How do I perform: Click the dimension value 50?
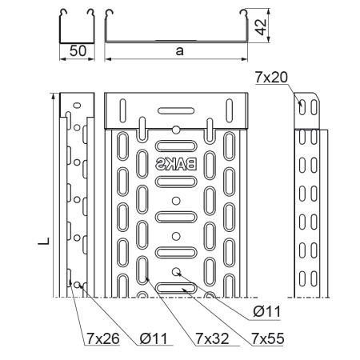[78, 50]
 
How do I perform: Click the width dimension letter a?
[180, 50]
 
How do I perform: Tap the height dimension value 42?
[261, 26]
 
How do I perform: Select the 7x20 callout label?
[271, 78]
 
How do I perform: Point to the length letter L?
[44, 241]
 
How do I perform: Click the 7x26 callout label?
[102, 338]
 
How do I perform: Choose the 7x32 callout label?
[212, 338]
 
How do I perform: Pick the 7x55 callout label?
[268, 338]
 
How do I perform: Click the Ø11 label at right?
[267, 311]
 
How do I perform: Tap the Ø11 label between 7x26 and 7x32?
[154, 338]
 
